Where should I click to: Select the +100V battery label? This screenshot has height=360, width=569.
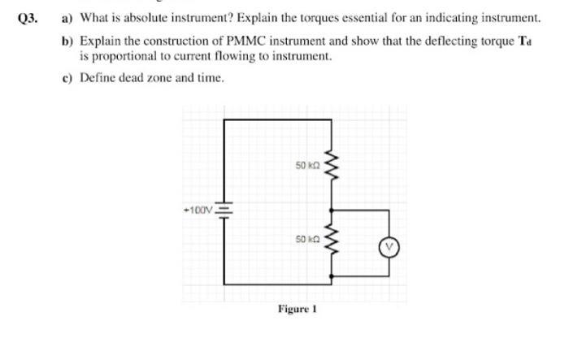pos(198,209)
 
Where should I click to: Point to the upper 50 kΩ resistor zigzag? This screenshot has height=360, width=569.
pos(330,167)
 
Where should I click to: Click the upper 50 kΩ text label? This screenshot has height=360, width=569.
pos(307,166)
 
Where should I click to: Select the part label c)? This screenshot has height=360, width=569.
pos(68,78)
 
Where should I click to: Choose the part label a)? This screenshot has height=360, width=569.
pos(68,18)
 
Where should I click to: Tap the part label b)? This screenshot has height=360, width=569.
pos(68,41)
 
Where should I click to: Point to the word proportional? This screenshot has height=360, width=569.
pos(122,57)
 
